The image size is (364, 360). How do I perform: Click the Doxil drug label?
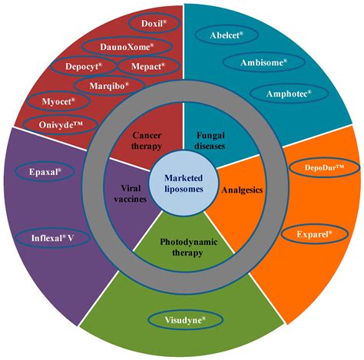coord(154,24)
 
